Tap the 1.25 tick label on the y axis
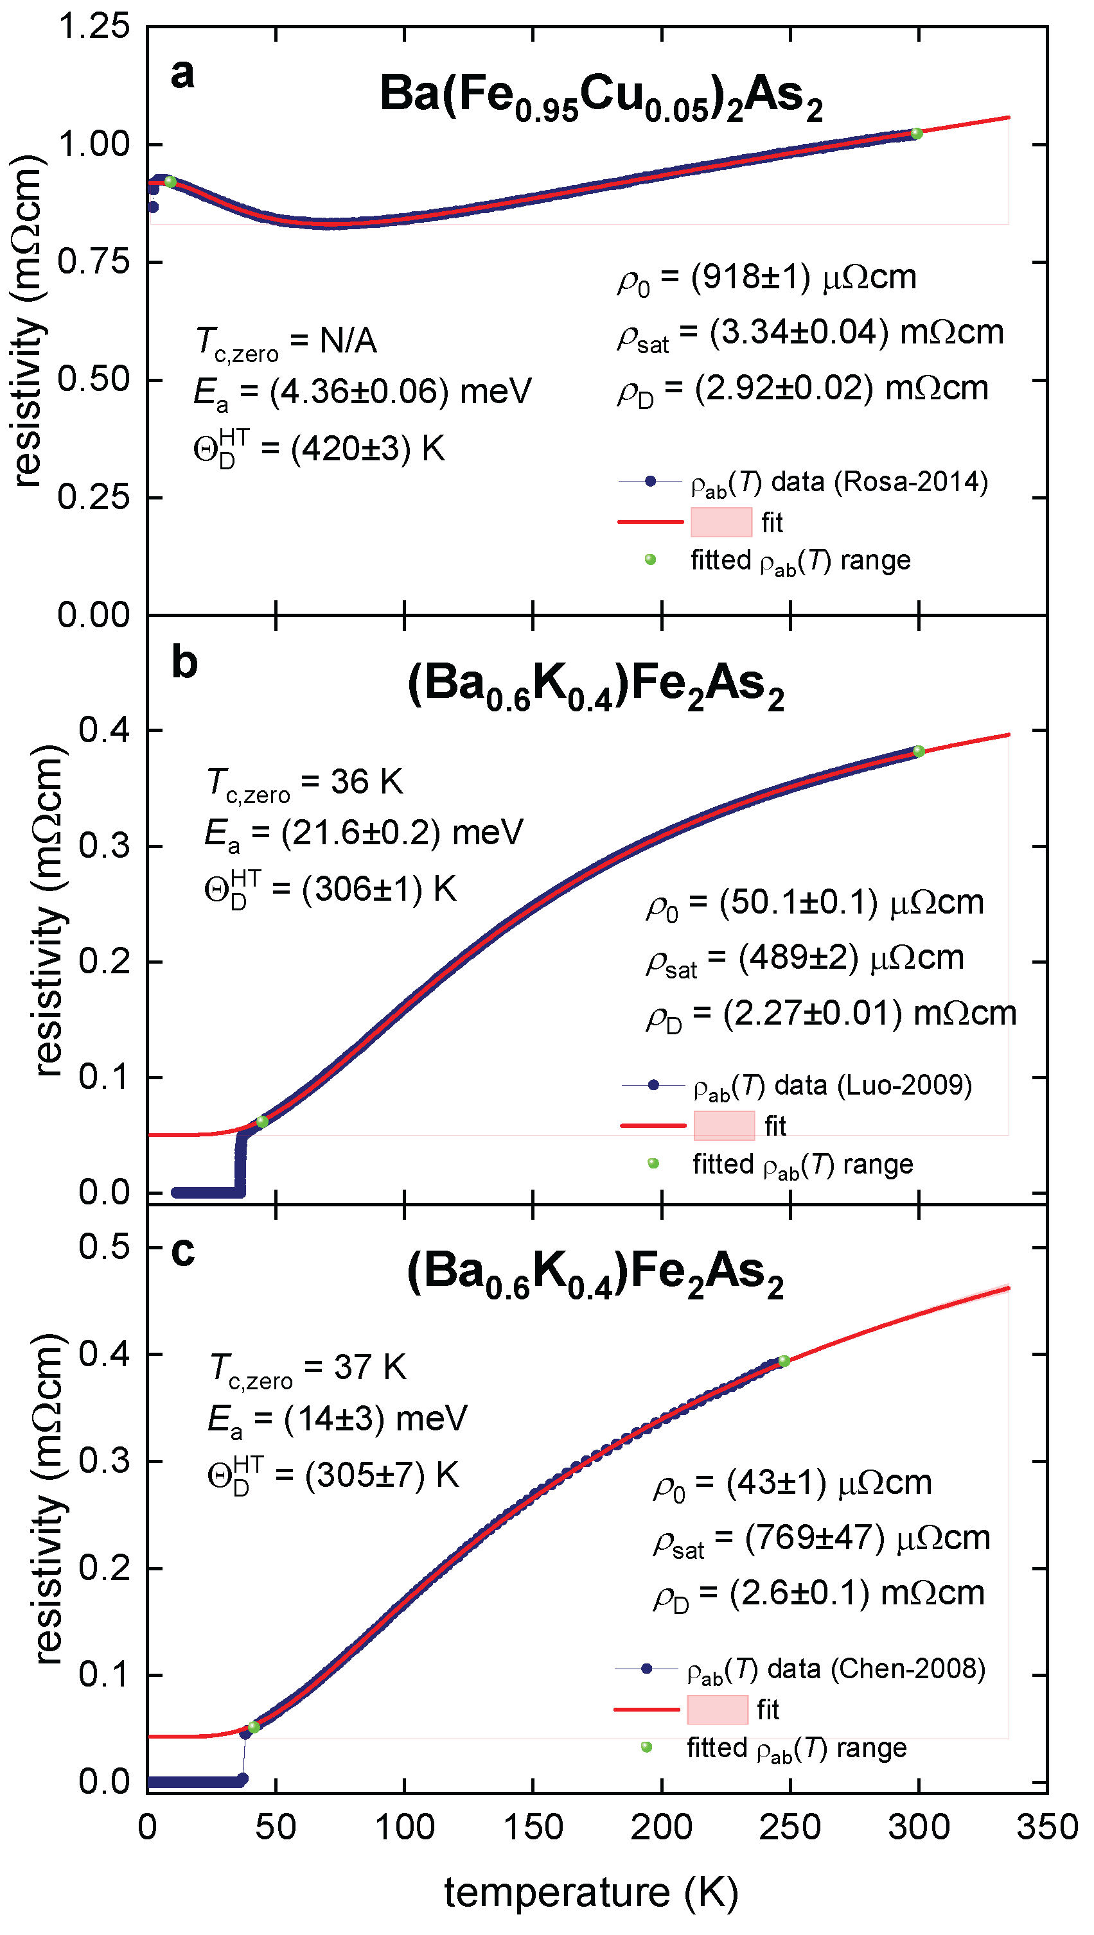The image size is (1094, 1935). (94, 26)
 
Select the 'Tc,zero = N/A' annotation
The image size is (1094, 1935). (285, 343)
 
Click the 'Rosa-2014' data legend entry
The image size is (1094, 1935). (802, 482)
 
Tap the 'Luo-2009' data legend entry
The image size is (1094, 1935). (797, 1086)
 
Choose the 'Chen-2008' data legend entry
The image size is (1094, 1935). (800, 1669)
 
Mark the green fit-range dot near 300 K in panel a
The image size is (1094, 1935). (917, 134)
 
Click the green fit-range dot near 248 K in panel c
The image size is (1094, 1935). (784, 1360)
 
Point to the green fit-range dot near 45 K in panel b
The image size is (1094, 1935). (261, 1122)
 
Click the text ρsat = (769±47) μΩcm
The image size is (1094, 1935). (821, 1538)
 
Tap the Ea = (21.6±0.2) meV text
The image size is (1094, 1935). (364, 835)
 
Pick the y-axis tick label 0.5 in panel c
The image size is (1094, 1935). (105, 1246)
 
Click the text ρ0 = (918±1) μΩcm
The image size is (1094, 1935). (767, 279)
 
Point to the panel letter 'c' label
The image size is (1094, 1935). (182, 1251)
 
